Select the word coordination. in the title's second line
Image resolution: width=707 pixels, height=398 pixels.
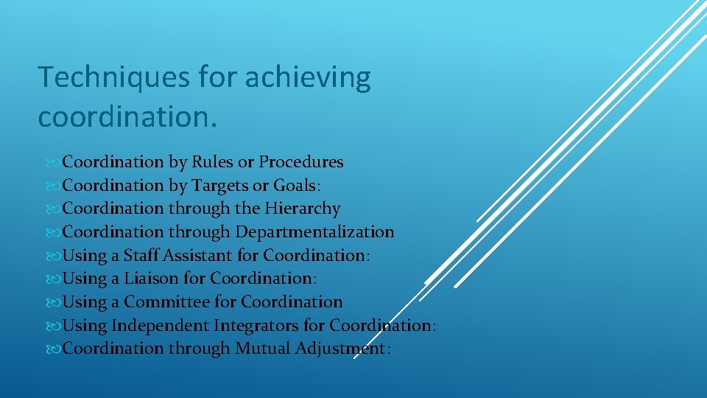click(x=128, y=116)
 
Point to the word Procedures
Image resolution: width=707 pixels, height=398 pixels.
click(x=301, y=161)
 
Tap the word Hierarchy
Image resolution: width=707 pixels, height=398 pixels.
click(x=303, y=209)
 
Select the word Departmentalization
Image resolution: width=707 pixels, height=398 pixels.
click(x=314, y=232)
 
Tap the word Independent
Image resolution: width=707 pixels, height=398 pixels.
click(x=160, y=325)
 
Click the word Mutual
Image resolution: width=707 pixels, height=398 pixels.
click(x=262, y=349)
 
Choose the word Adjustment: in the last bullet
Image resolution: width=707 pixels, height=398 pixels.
click(x=342, y=349)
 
